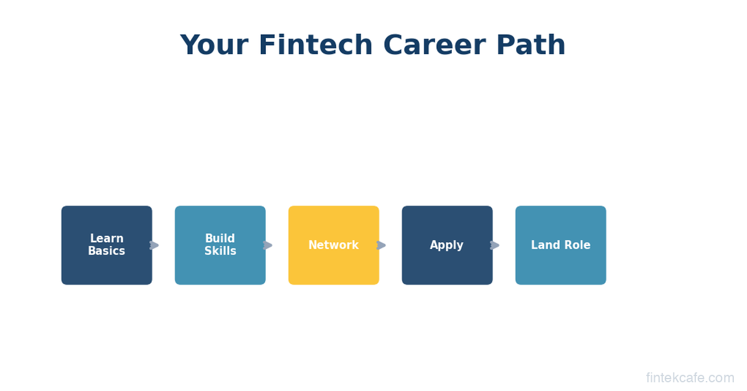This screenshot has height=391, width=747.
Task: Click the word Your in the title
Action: pyautogui.click(x=214, y=45)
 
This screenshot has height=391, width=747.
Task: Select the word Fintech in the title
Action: pyautogui.click(x=316, y=44)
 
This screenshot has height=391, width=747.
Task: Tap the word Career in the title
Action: pyautogui.click(x=435, y=45)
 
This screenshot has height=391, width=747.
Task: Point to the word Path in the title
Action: pyautogui.click(x=530, y=44)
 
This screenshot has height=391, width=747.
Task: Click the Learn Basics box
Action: pyautogui.click(x=106, y=245)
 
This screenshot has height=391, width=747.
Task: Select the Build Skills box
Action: pyautogui.click(x=220, y=245)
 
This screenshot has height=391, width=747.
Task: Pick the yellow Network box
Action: pyautogui.click(x=334, y=245)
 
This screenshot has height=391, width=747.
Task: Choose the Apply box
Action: pyautogui.click(x=447, y=245)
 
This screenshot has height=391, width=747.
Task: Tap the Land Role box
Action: pyautogui.click(x=561, y=245)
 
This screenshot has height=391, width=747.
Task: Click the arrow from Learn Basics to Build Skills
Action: pyautogui.click(x=154, y=245)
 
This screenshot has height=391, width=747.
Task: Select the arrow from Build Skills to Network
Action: pyautogui.click(x=268, y=245)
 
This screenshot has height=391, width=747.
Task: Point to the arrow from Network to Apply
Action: pyautogui.click(x=381, y=245)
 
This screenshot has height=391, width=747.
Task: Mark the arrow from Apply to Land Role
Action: pyautogui.click(x=494, y=245)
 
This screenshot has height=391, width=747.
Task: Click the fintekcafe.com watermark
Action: pyautogui.click(x=690, y=378)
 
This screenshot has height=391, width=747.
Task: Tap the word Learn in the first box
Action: pyautogui.click(x=106, y=238)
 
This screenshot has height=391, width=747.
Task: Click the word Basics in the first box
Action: pyautogui.click(x=106, y=251)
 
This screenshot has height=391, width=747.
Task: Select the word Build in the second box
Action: pyautogui.click(x=220, y=238)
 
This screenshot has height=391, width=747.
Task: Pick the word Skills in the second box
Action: pyautogui.click(x=220, y=251)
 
